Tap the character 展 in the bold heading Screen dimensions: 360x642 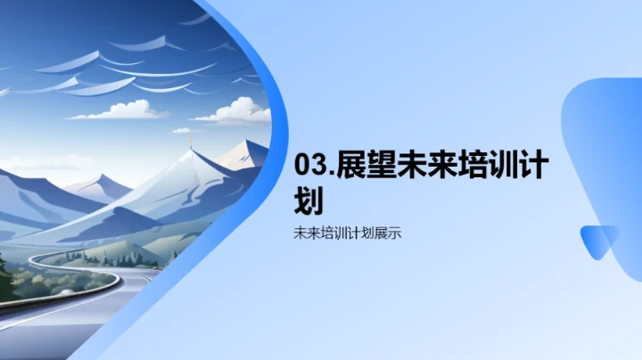click(350, 167)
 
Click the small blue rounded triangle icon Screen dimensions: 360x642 click(598, 242)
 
